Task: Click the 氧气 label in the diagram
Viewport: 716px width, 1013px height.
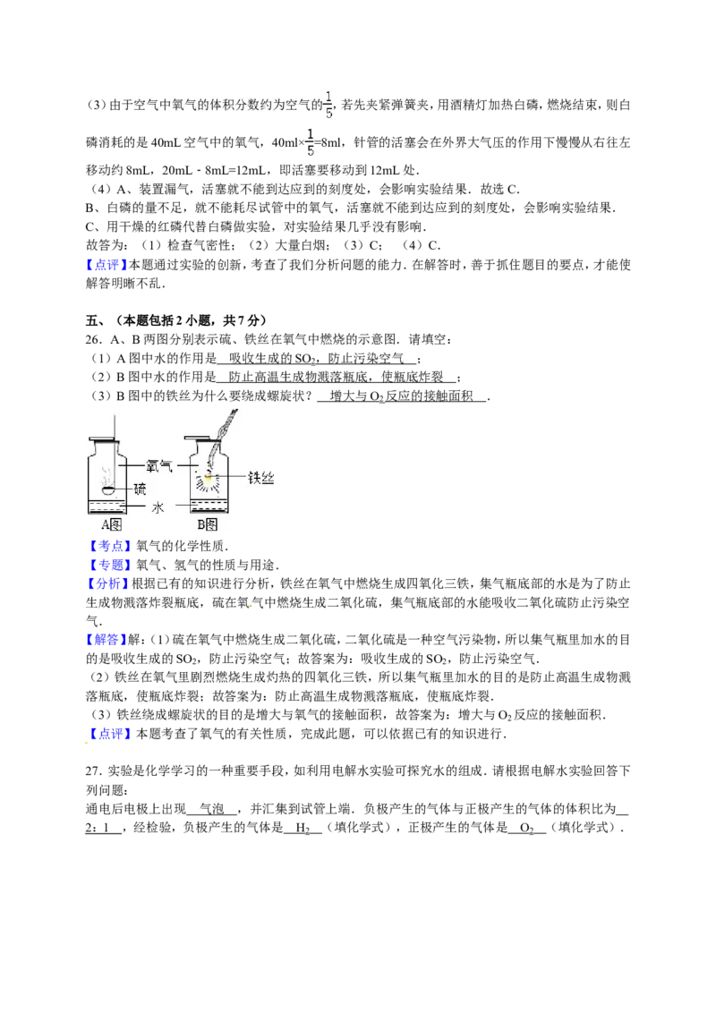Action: click(x=158, y=465)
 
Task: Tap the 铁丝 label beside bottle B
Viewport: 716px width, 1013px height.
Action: click(x=261, y=478)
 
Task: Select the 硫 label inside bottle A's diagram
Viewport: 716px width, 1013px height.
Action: click(x=141, y=489)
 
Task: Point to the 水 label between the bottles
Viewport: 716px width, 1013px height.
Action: click(x=158, y=507)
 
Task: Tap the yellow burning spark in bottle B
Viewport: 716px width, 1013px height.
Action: click(x=208, y=477)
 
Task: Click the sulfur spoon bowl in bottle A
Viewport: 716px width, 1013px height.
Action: click(x=109, y=489)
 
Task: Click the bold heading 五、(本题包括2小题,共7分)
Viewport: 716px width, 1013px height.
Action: click(x=175, y=320)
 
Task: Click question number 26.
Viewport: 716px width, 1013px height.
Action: click(x=94, y=340)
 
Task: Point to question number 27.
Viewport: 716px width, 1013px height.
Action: click(x=94, y=770)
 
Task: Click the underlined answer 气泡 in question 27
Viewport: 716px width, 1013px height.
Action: click(x=212, y=809)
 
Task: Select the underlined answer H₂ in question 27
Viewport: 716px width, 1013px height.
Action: click(x=303, y=828)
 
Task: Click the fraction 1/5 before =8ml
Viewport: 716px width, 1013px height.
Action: click(x=311, y=142)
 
